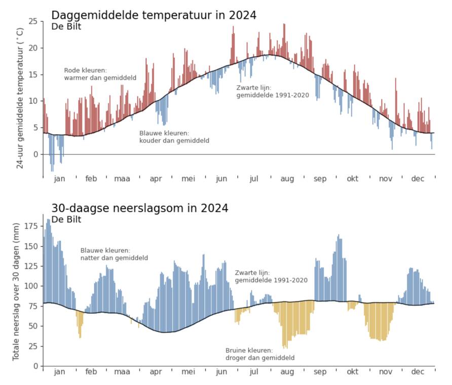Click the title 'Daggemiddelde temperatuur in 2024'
coord(154,15)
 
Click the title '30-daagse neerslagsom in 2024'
coord(139,208)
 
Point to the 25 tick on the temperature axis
coord(33,21)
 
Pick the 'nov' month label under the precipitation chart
coord(386,372)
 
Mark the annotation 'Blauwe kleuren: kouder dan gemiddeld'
coord(174,137)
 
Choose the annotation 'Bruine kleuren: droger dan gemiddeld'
coord(259,354)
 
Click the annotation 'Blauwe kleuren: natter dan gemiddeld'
coord(114,254)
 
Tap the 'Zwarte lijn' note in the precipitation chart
coord(271,276)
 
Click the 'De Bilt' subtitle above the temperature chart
coord(66,27)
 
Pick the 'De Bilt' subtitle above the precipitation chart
coord(66,219)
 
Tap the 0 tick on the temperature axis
coord(35,154)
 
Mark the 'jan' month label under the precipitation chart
coord(59,372)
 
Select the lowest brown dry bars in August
coord(285,344)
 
